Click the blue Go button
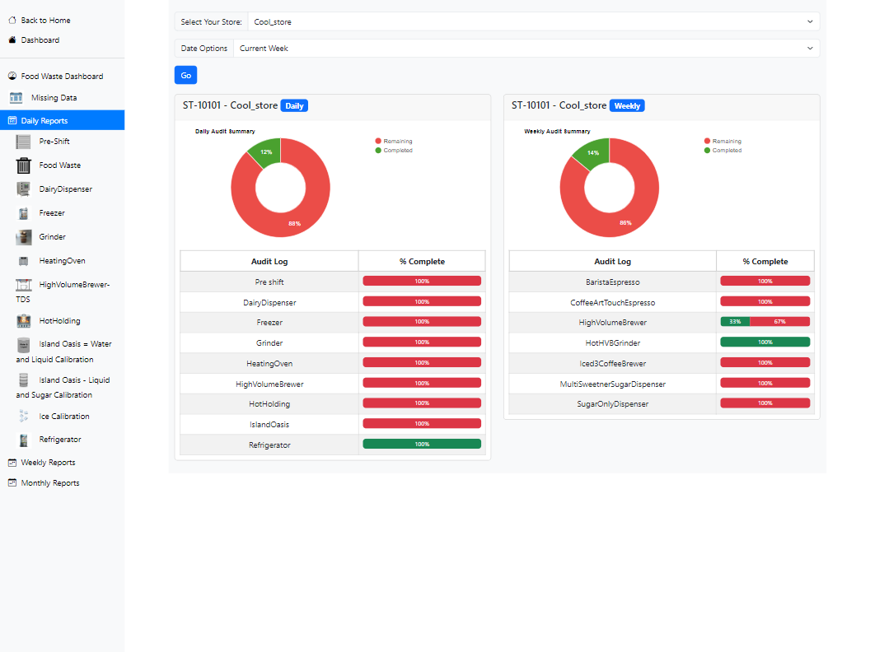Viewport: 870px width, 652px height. [185, 75]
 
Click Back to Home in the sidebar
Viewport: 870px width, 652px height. [45, 20]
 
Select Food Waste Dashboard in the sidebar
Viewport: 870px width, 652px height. [62, 76]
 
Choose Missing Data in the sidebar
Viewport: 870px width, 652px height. [54, 97]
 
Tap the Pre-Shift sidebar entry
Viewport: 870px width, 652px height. [54, 142]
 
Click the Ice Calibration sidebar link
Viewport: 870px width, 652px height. [63, 417]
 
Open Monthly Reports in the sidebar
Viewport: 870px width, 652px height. [49, 483]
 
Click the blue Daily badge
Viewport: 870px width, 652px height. [294, 106]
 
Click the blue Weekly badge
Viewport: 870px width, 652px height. [627, 106]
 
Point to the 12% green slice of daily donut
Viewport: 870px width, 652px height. [266, 151]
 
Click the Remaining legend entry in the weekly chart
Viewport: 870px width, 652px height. [726, 142]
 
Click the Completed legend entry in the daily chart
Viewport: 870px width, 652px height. [397, 151]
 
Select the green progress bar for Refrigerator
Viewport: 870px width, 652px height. [422, 445]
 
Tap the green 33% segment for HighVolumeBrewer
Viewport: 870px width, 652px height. [735, 322]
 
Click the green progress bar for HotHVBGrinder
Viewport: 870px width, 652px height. [765, 342]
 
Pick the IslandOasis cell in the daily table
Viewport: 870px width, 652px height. [269, 424]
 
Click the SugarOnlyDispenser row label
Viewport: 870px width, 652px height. [613, 403]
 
